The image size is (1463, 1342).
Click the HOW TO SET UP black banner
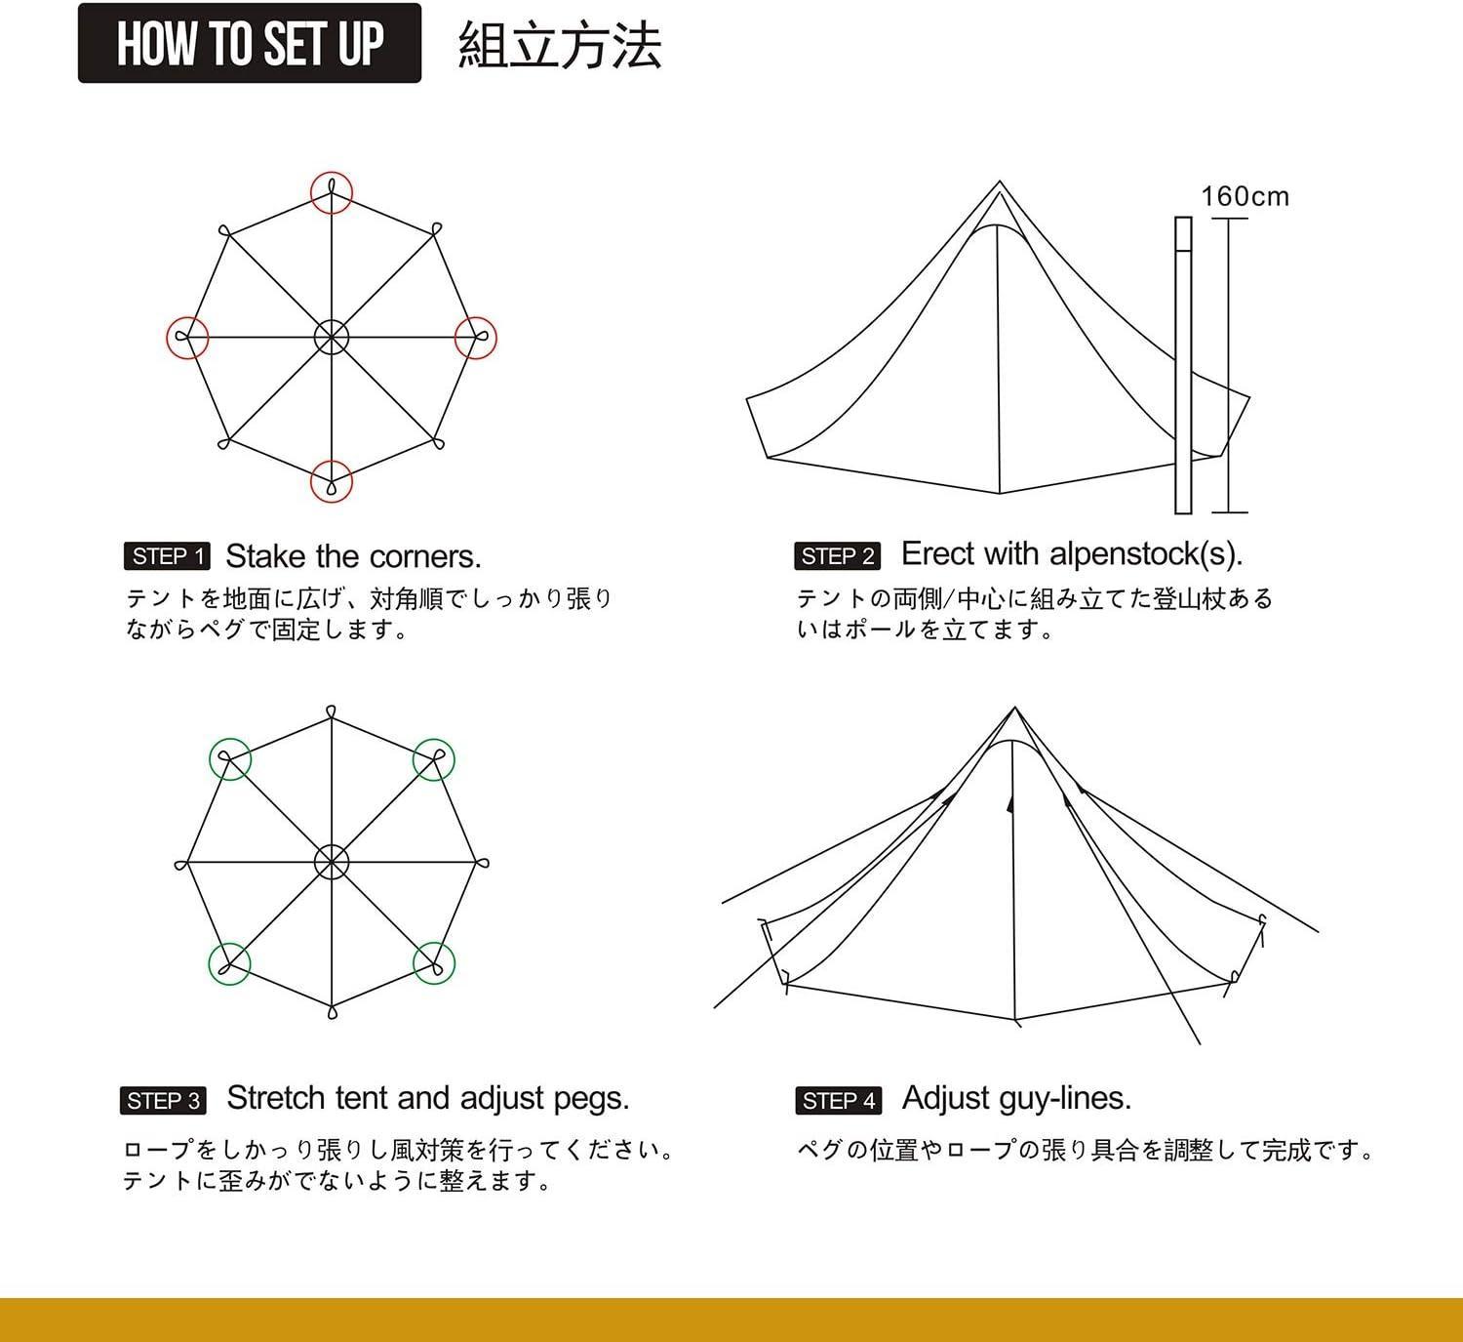point(249,44)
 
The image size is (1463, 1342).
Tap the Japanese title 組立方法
point(560,46)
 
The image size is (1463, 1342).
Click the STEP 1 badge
point(167,556)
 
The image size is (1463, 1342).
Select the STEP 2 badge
point(837,556)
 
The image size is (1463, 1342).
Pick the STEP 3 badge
point(164,1101)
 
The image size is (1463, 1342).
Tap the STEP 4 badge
point(838,1101)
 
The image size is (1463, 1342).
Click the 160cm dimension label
point(1245,197)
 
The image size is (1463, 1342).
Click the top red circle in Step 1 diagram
point(332,193)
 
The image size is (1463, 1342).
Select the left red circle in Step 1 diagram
point(187,338)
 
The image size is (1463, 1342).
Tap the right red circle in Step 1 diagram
point(476,338)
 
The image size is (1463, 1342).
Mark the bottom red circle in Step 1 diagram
point(332,481)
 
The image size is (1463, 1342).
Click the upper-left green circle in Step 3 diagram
point(230,759)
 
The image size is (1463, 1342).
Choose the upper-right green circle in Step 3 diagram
point(433,759)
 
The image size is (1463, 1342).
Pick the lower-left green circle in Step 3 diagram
point(230,963)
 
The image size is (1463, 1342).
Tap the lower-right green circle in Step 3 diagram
point(433,963)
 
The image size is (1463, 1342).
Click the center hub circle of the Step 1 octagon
point(332,338)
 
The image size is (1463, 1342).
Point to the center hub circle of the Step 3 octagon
point(332,862)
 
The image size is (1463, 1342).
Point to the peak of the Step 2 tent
point(999,183)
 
